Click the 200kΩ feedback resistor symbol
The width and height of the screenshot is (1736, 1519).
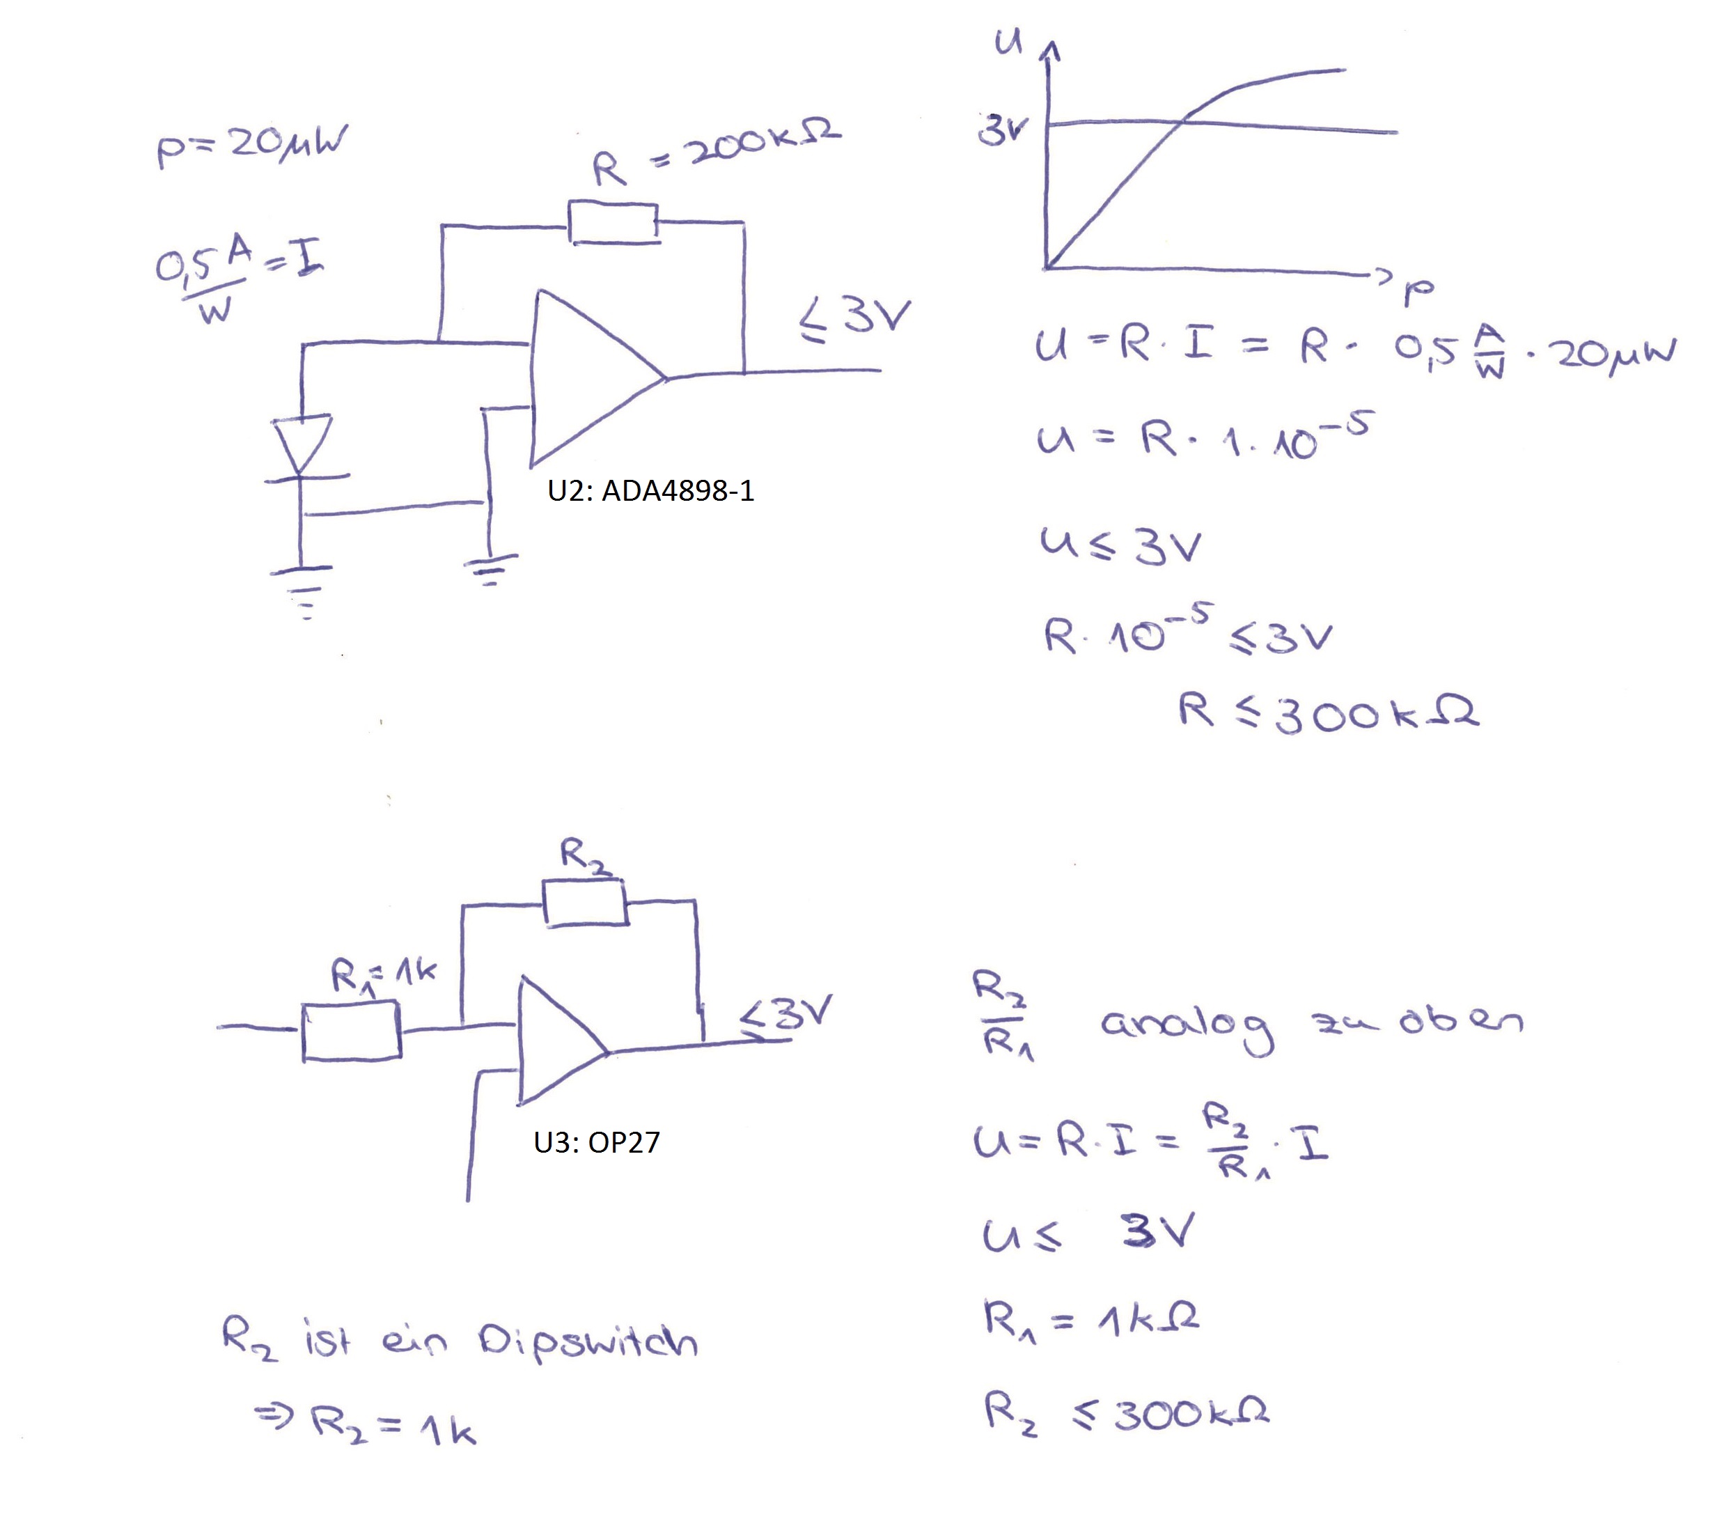613,223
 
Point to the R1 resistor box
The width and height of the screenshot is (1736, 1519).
351,1031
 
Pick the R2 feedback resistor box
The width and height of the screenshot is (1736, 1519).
585,903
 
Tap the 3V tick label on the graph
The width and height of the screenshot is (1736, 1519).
1003,130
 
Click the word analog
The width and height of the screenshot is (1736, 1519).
1187,1027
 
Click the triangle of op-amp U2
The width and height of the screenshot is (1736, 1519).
597,378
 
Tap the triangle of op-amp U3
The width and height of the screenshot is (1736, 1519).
563,1041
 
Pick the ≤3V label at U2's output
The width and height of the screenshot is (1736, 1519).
854,320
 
